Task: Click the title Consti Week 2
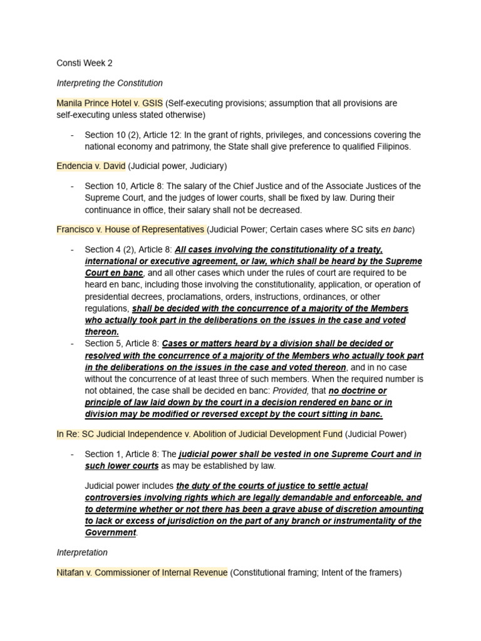pyautogui.click(x=85, y=63)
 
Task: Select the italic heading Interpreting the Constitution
pyautogui.click(x=110, y=83)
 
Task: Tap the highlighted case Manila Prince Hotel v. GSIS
pyautogui.click(x=110, y=103)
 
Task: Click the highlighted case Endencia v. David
pyautogui.click(x=91, y=166)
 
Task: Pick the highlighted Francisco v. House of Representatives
pyautogui.click(x=130, y=229)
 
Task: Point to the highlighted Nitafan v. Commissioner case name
pyautogui.click(x=142, y=572)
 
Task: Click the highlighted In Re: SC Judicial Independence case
pyautogui.click(x=199, y=434)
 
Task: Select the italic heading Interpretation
pyautogui.click(x=82, y=553)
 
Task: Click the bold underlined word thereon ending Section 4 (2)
pyautogui.click(x=102, y=332)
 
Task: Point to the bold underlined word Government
pyautogui.click(x=110, y=533)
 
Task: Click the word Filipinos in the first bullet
pyautogui.click(x=390, y=146)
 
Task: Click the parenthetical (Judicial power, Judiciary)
pyautogui.click(x=178, y=166)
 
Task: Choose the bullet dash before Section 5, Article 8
pyautogui.click(x=73, y=344)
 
